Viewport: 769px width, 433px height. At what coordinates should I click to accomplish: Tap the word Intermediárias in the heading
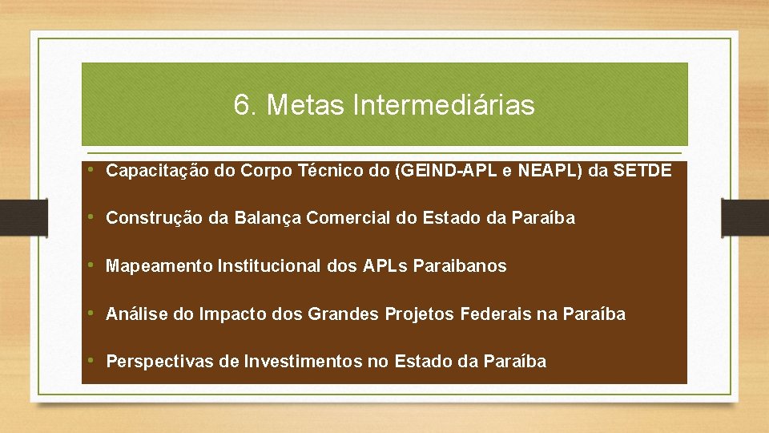[x=443, y=105]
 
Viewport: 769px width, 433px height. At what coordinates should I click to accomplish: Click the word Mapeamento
[x=159, y=266]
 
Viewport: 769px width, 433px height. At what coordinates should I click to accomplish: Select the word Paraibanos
[x=460, y=266]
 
